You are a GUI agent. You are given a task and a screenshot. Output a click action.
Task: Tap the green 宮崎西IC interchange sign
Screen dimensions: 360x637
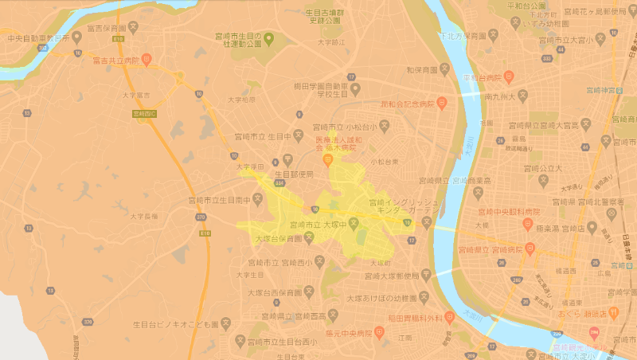click(x=144, y=114)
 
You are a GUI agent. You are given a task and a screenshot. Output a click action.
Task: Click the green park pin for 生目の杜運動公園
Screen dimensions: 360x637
click(x=269, y=37)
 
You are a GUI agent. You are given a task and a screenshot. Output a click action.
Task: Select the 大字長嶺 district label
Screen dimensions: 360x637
click(x=144, y=215)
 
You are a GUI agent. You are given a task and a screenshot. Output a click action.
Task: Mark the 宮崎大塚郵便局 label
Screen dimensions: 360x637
click(x=389, y=276)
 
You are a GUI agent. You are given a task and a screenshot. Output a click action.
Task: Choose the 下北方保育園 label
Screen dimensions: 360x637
click(x=462, y=37)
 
